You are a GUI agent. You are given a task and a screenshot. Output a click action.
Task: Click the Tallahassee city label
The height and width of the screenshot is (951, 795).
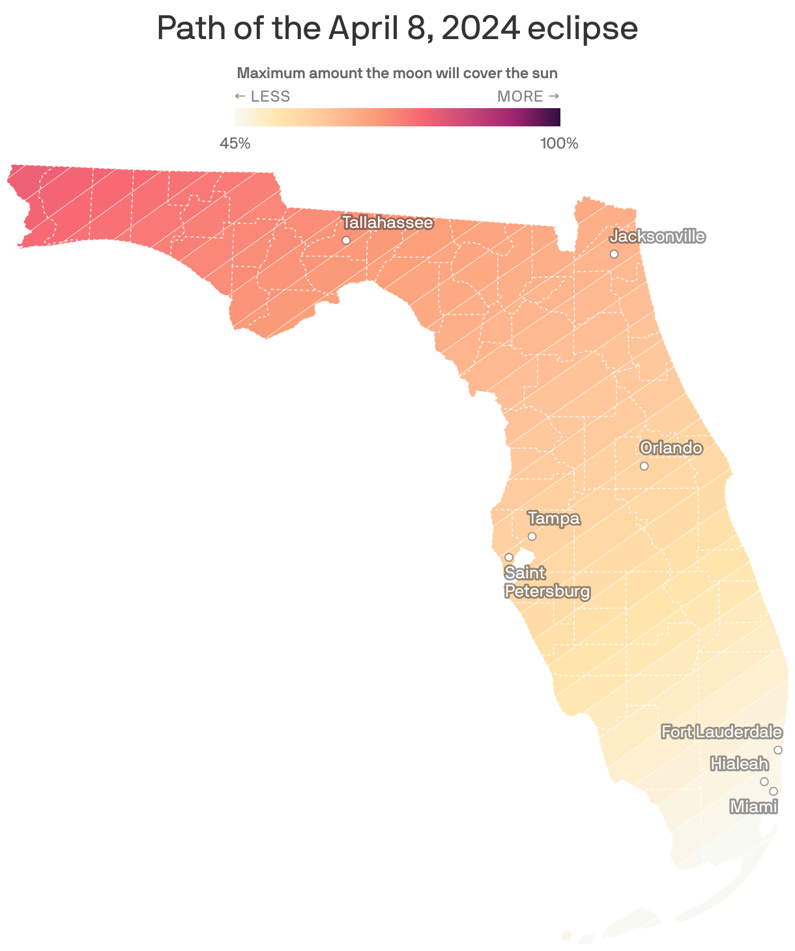coord(387,223)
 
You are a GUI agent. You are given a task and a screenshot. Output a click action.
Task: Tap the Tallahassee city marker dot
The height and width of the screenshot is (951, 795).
coord(346,240)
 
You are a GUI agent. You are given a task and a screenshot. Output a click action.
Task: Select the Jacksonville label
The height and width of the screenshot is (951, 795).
coord(657,236)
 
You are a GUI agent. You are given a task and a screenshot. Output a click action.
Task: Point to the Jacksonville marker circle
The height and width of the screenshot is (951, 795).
coord(614,253)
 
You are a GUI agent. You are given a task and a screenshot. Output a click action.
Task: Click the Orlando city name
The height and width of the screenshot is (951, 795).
coord(671,448)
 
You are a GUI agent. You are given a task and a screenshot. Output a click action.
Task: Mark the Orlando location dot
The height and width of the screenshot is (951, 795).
coord(644,466)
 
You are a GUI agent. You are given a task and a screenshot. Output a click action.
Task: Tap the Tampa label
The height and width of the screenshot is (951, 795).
coord(554,518)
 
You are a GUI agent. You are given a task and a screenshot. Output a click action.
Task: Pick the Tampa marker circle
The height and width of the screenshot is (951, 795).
coord(532,536)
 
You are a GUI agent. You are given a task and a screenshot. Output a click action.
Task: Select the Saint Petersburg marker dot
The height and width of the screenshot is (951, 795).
coord(509,557)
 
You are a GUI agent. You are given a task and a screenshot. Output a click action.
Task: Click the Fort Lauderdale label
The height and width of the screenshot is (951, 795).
coord(721,732)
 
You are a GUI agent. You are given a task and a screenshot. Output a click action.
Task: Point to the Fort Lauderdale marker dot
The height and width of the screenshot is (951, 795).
coord(777,750)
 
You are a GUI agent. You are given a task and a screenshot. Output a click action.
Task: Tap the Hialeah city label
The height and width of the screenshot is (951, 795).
coord(739,763)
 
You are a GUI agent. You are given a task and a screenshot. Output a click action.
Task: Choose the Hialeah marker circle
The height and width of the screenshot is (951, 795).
coord(764,781)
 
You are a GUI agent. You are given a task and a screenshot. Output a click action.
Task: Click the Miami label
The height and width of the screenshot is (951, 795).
coord(754,807)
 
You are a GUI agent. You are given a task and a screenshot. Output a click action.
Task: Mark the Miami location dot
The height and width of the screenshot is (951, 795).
coord(773,791)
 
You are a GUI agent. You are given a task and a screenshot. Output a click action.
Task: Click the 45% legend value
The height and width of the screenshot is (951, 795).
coord(235,143)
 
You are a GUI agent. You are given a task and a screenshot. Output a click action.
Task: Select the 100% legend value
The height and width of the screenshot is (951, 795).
coord(559,143)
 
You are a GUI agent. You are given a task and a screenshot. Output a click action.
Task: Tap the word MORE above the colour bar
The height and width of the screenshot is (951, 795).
coord(520,96)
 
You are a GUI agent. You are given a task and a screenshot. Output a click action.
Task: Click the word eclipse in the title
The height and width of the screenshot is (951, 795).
coord(582,29)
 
